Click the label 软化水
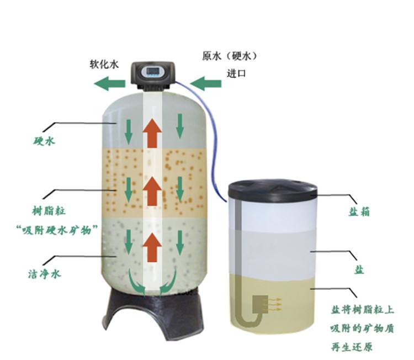104,64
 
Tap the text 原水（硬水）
229,56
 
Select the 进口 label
236,73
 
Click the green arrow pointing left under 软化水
110,83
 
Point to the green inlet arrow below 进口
206,83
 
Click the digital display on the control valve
152,71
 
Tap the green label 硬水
44,141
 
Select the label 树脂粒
49,211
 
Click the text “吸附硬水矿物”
57,230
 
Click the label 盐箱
359,211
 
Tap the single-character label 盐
359,270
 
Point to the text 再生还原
352,347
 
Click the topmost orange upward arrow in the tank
152,133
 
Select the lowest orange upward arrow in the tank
152,247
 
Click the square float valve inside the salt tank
261,304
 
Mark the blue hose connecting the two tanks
211,137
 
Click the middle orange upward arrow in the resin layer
152,191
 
